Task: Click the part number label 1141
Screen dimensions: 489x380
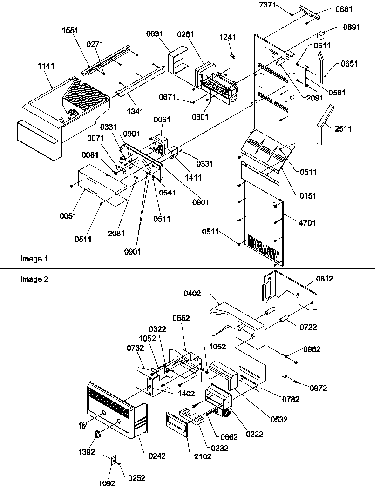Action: click(46, 67)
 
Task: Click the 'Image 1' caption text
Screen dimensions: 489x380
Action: click(34, 258)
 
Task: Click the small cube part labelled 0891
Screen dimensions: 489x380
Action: click(320, 34)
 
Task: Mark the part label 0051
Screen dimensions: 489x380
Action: click(68, 216)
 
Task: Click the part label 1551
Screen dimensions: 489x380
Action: click(70, 30)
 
